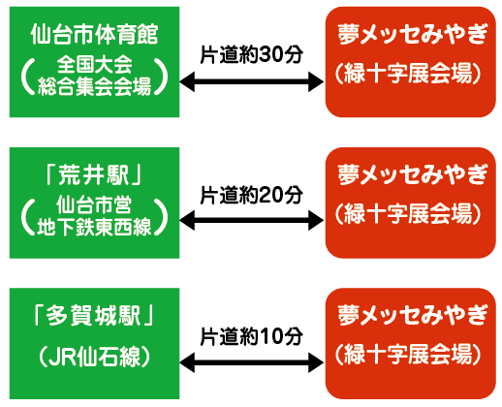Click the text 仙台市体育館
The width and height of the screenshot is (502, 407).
[94, 34]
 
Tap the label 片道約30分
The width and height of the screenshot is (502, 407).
[252, 54]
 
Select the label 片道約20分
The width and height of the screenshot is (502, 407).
[252, 195]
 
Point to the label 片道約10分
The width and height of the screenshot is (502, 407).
[252, 336]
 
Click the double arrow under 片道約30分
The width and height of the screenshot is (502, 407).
[252, 81]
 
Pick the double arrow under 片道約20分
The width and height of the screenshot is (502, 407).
[252, 220]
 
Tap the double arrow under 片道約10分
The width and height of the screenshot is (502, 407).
[252, 362]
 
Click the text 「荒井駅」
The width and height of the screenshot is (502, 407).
[94, 175]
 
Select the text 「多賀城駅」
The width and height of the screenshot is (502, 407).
[94, 315]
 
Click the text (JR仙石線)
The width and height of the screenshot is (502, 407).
[94, 357]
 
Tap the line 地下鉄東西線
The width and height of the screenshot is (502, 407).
[94, 227]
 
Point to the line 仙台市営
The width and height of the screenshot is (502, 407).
[94, 204]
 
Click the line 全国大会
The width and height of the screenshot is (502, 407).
[95, 64]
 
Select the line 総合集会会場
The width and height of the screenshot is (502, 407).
[95, 86]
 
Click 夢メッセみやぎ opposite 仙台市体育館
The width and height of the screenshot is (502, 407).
[413, 34]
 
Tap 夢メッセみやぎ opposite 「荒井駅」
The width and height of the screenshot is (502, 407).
[413, 174]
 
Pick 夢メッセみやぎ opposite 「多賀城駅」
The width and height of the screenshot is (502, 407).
[413, 316]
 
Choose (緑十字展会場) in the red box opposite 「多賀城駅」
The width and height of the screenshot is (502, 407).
[409, 354]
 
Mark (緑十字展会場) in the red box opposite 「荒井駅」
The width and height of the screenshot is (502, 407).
[409, 213]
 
